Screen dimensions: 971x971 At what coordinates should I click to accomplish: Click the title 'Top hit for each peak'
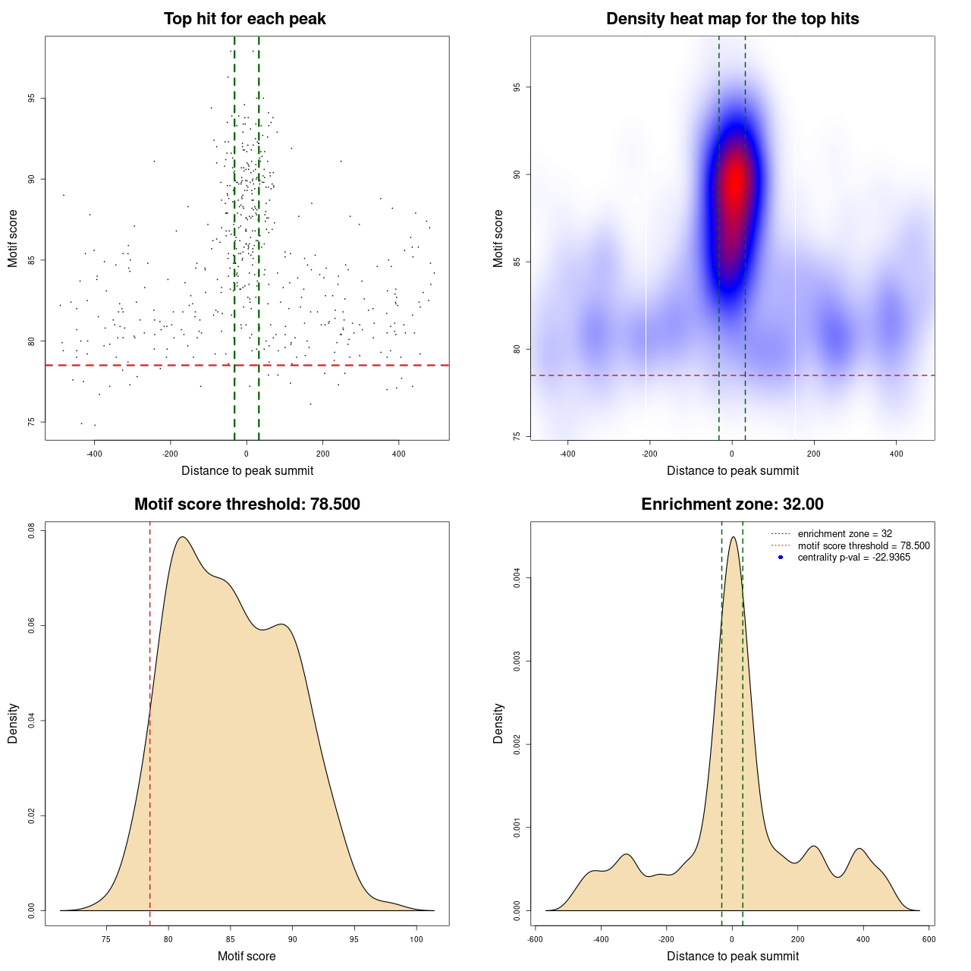tap(245, 19)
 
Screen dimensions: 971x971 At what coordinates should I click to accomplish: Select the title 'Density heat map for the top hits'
tap(733, 19)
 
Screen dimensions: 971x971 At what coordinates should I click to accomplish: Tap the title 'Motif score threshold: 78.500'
tap(247, 504)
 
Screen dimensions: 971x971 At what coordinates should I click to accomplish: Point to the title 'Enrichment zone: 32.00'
tap(733, 504)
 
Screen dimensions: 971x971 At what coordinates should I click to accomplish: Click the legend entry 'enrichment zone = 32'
tap(844, 534)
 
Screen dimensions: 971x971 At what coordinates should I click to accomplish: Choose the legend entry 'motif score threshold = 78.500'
tap(863, 546)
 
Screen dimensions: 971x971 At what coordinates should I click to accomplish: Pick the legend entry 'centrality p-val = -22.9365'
tap(853, 558)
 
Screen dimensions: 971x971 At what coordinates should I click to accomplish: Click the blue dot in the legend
tap(781, 558)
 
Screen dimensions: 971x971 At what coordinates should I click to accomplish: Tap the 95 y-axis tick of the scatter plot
tap(33, 99)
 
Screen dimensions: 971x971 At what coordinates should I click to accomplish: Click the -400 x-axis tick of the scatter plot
tap(94, 454)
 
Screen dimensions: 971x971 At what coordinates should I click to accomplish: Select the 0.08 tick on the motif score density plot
tap(33, 531)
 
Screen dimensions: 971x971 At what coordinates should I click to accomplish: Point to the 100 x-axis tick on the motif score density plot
tap(416, 939)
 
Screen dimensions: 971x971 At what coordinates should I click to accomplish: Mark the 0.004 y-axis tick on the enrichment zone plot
tap(518, 579)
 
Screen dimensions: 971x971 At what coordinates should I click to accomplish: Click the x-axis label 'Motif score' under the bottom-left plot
tap(247, 956)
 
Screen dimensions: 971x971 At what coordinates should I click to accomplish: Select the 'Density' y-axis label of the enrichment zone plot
tap(498, 723)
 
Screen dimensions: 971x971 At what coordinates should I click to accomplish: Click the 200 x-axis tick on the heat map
tap(814, 454)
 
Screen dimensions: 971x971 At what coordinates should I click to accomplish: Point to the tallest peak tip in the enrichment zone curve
tap(733, 537)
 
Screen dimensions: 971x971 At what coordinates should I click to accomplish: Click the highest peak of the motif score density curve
tap(182, 537)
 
